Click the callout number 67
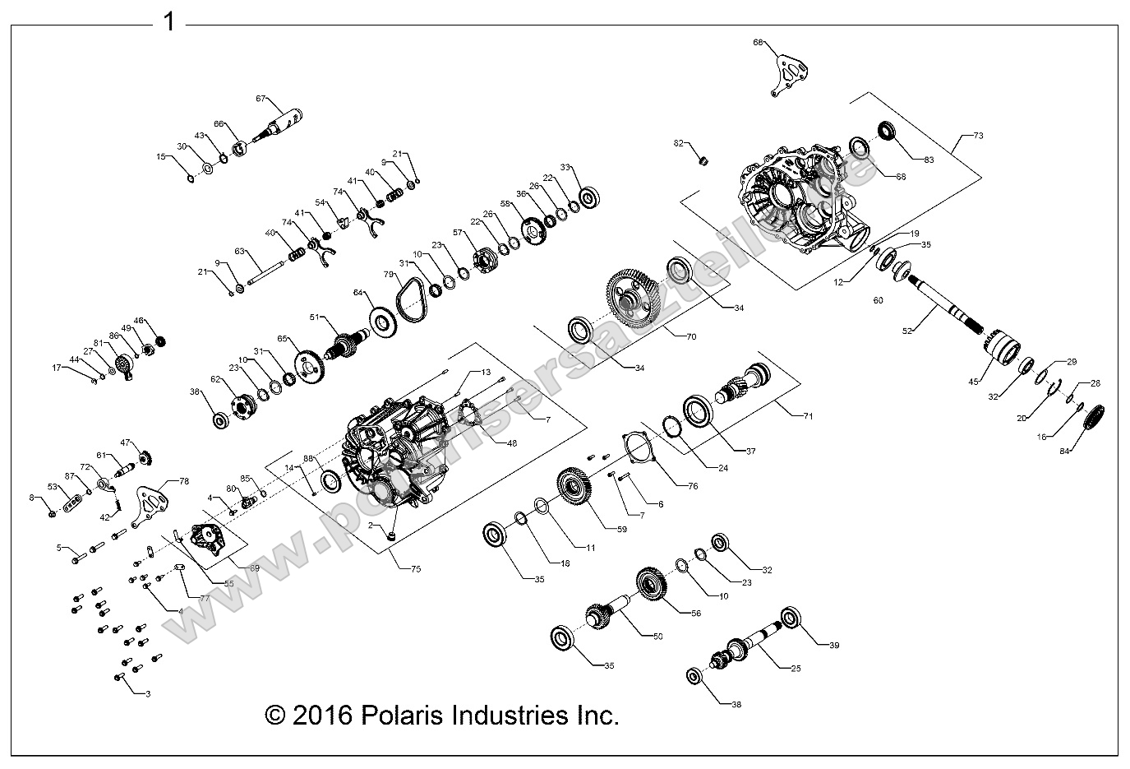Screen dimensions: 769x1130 coord(261,98)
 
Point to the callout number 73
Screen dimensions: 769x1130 coord(977,134)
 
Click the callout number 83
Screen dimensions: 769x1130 coord(906,160)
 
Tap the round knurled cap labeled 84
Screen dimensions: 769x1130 coord(1094,415)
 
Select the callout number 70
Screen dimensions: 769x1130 coord(690,336)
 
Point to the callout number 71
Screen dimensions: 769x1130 coord(808,416)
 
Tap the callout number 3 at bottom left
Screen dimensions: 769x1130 coord(148,694)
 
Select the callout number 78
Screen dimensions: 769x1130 coord(184,481)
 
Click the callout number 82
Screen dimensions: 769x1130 coord(678,143)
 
